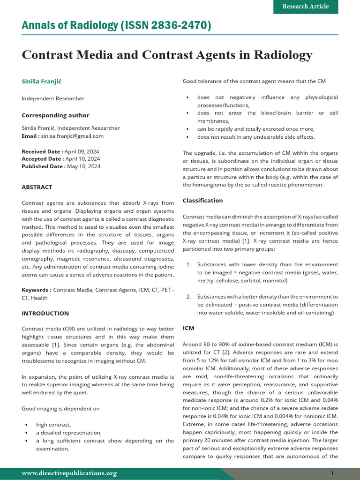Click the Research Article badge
305,7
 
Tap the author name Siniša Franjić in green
41,82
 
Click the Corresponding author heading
55,115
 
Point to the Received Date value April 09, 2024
82,151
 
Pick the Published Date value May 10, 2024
83,166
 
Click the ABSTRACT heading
37,187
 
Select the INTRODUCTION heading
45,313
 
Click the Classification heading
202,201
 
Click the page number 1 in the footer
332,473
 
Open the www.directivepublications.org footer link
69,473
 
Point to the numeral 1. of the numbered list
188,264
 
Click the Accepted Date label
42,159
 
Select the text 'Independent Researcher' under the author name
53,98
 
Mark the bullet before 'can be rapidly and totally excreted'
187,129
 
